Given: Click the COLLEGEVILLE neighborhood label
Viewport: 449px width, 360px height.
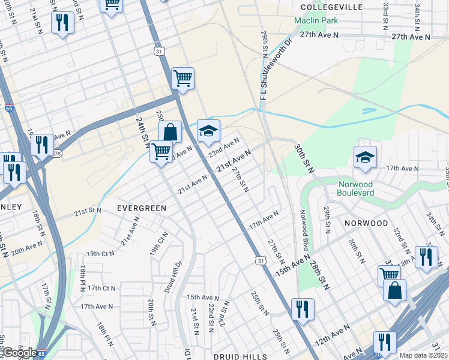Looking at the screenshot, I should pos(332,7).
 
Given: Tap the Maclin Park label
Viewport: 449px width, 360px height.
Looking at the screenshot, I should pos(316,20).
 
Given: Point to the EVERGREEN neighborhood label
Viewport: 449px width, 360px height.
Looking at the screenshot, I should pos(141,208).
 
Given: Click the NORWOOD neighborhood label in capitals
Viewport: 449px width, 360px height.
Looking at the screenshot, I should pos(366,223).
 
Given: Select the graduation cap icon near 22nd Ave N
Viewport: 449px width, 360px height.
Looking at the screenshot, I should pos(208,131).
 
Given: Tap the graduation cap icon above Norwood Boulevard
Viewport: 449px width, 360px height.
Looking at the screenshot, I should pos(365,157).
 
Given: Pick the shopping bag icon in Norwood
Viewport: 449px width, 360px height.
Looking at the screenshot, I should pos(394,290).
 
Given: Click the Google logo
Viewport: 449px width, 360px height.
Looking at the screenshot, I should pos(19,353).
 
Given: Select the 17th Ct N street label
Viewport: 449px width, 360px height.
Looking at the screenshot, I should pos(101,288).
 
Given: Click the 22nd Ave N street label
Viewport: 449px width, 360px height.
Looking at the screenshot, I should pos(223,147).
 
